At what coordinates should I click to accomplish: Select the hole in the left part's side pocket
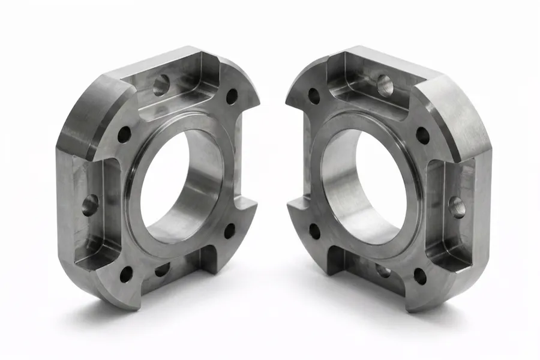click(90, 204)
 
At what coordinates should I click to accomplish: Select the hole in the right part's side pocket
click(457, 206)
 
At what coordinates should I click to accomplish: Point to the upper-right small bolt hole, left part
click(232, 96)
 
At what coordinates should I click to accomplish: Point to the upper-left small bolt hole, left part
click(124, 134)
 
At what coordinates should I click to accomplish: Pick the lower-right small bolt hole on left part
click(230, 230)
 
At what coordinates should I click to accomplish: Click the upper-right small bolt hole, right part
click(422, 135)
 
